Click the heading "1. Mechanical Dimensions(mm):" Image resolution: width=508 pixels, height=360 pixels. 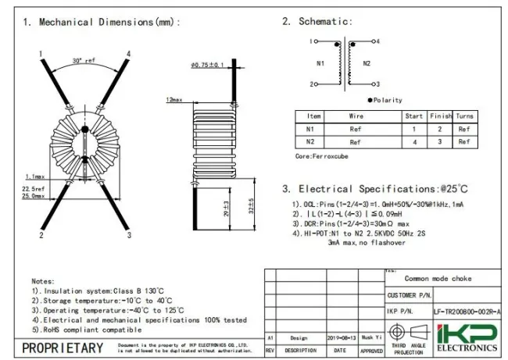point(102,22)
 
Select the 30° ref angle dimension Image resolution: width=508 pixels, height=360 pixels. point(84,60)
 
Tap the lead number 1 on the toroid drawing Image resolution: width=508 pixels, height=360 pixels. point(39,54)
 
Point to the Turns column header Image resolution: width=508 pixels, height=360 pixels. point(464,116)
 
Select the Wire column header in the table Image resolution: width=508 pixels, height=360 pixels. point(356,116)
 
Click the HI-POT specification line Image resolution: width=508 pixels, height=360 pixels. point(363,233)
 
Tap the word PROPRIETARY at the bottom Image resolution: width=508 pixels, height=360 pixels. point(62,348)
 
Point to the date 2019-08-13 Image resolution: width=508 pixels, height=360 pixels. point(342,338)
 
